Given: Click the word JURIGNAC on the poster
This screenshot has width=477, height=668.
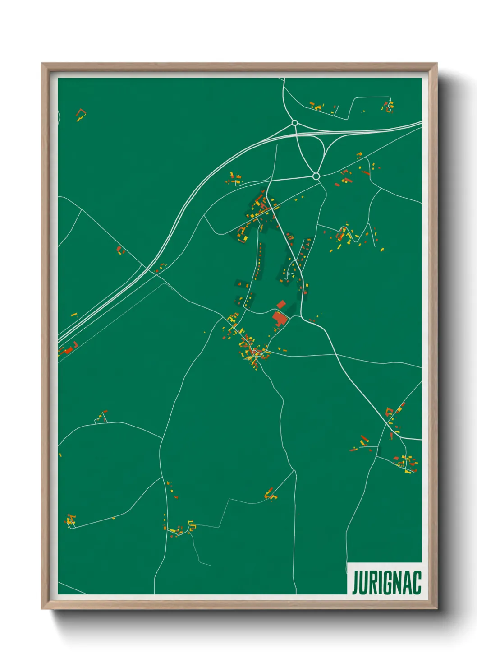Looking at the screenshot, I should click(386, 583).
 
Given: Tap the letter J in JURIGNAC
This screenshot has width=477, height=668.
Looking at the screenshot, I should click(355, 583).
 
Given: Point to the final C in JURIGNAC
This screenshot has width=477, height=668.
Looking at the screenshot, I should click(417, 583).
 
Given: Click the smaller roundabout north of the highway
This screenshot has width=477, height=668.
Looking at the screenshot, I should click(294, 123).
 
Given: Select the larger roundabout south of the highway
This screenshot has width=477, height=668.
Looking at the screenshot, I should click(316, 176).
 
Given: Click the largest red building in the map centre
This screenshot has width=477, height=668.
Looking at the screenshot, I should click(280, 318).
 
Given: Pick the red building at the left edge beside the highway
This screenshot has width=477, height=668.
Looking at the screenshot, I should click(68, 349).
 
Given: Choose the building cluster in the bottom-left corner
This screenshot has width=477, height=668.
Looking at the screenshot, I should click(70, 520).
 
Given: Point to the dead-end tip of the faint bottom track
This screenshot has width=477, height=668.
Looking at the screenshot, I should click(210, 565).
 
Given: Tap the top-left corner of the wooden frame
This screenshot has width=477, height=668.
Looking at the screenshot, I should click(42, 64).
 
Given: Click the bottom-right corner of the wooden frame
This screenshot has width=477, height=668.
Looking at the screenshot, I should click(436, 608).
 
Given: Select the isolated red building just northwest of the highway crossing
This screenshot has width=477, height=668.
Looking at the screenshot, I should click(119, 250).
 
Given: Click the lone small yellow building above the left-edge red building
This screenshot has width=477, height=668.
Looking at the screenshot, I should click(74, 314).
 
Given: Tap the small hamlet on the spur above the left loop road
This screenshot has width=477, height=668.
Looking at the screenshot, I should click(102, 416).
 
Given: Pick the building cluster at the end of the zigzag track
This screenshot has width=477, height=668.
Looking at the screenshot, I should click(271, 494).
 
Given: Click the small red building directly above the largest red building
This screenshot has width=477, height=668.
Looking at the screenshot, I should click(281, 304).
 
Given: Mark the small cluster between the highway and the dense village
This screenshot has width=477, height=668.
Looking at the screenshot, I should click(234, 179).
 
